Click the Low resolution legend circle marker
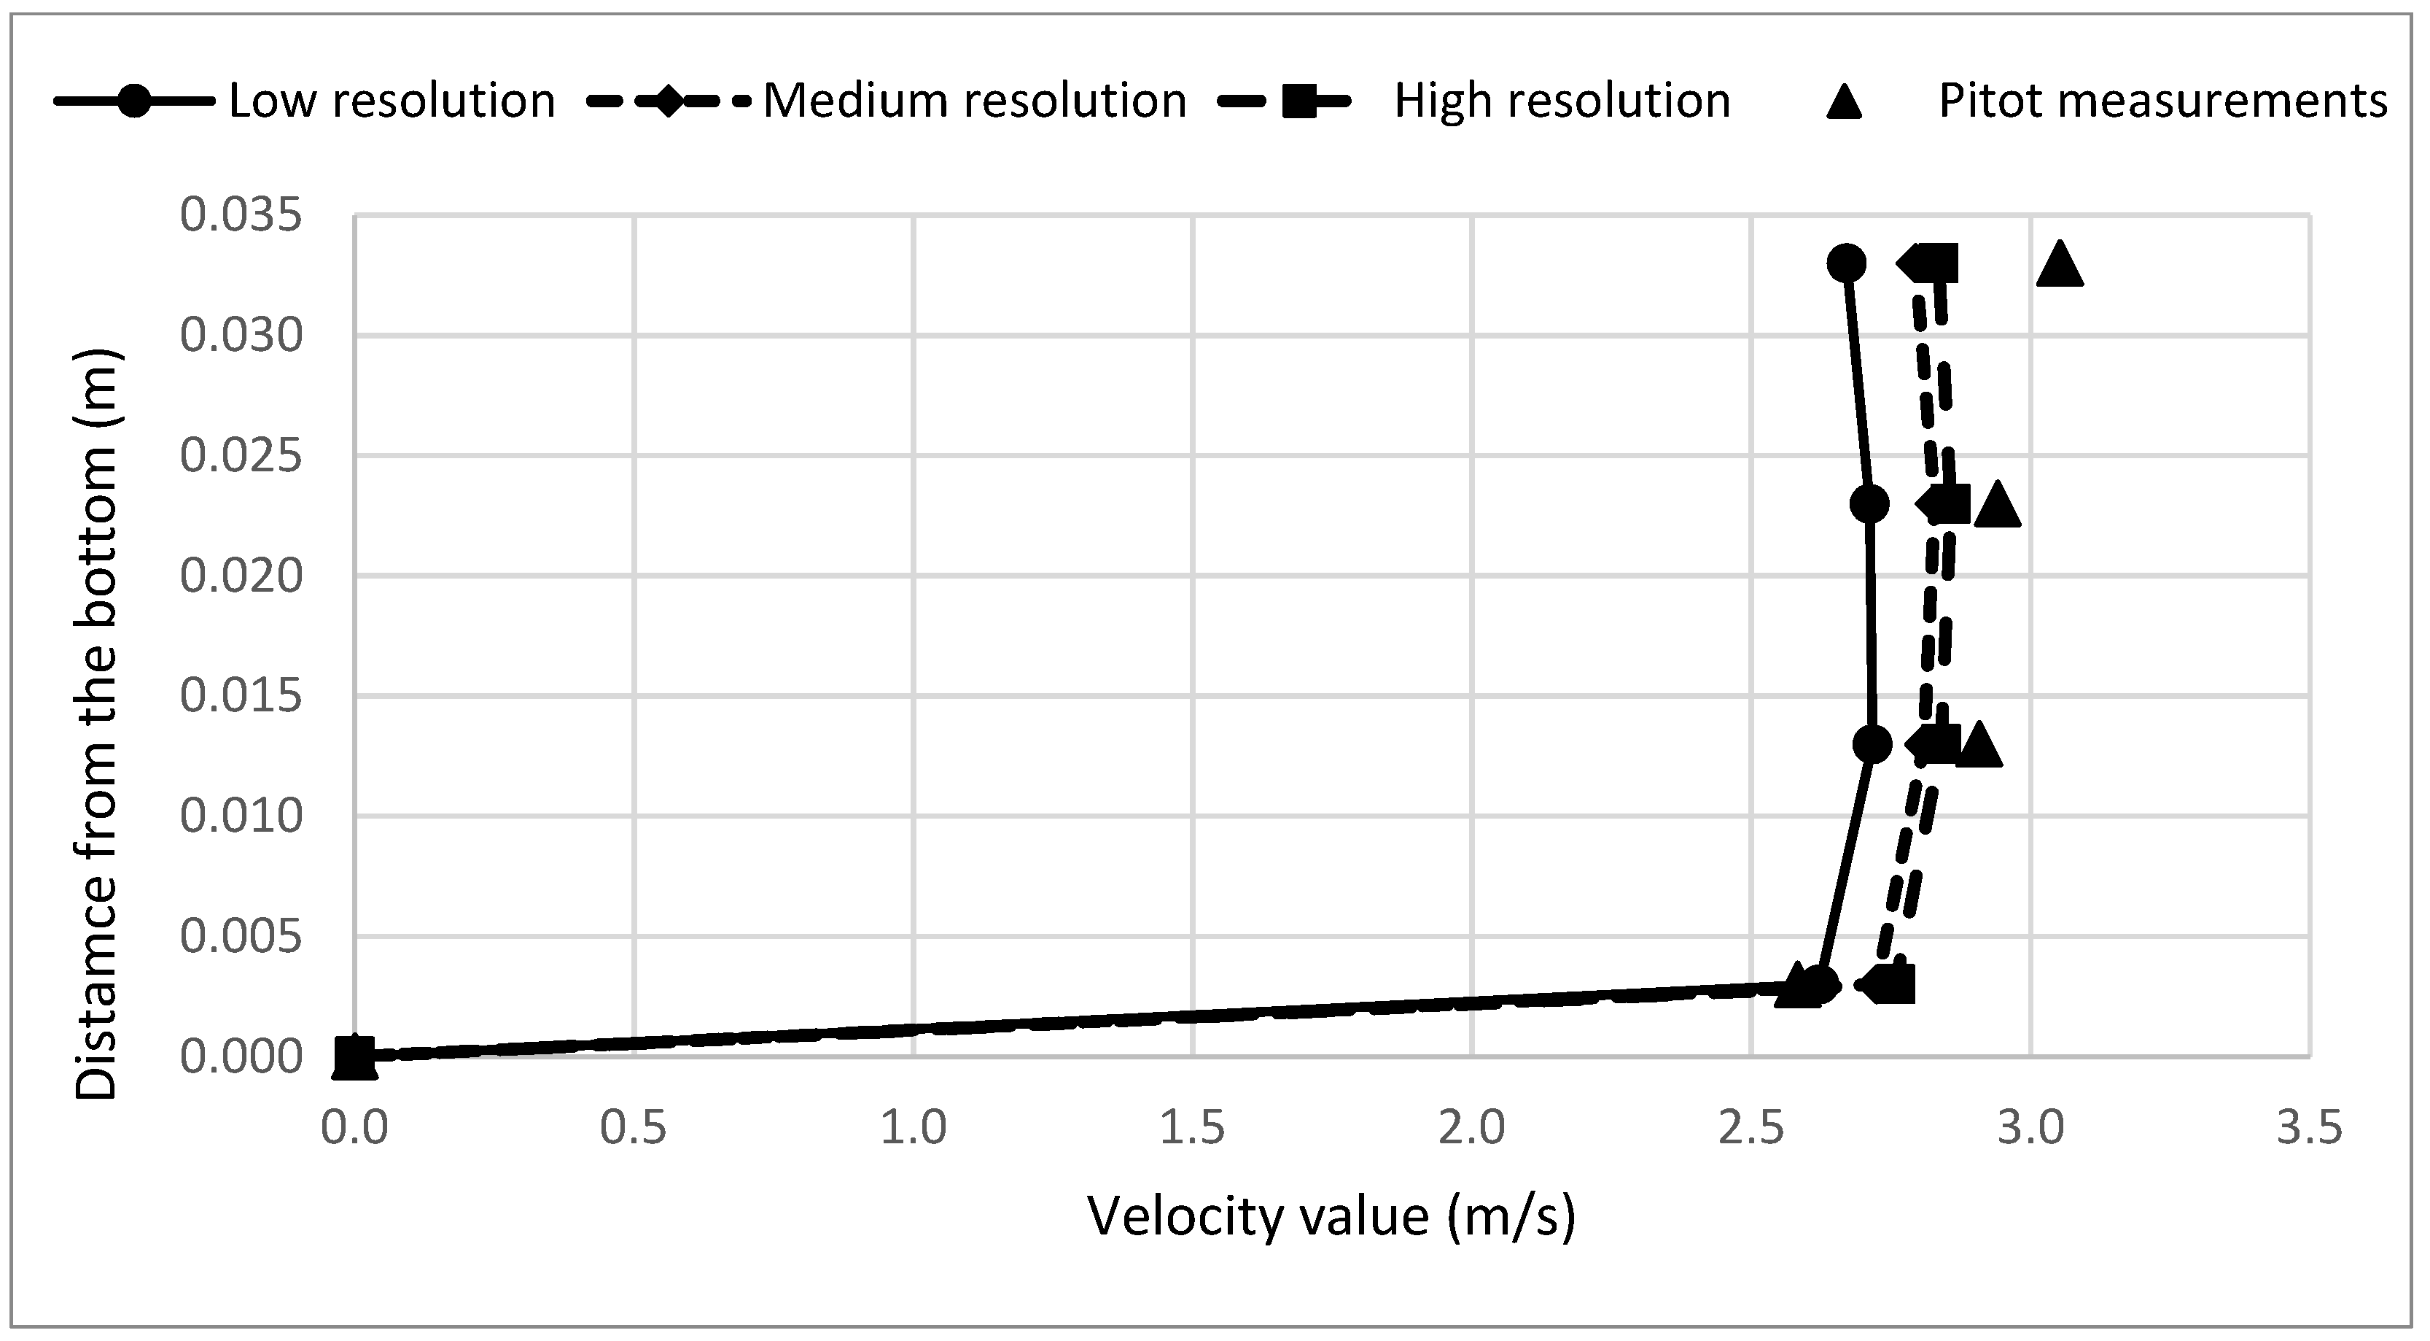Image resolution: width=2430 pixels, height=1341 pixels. pyautogui.click(x=135, y=100)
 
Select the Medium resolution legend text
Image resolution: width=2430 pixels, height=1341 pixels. pyautogui.click(x=973, y=100)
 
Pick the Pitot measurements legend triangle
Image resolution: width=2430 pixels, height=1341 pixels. pyautogui.click(x=1845, y=100)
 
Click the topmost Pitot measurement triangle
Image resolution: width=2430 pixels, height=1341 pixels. pyautogui.click(x=2060, y=265)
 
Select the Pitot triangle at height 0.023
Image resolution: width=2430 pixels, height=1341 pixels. pyautogui.click(x=1996, y=506)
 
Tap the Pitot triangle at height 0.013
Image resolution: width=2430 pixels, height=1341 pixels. pyautogui.click(x=1979, y=746)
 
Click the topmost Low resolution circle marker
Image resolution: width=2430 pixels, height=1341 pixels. pyautogui.click(x=1846, y=263)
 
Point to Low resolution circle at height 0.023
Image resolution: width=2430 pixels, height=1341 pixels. pyautogui.click(x=1869, y=504)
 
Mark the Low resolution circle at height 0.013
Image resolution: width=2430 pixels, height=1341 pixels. pyautogui.click(x=1872, y=745)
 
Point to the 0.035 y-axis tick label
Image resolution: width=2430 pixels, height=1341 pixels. pyautogui.click(x=241, y=215)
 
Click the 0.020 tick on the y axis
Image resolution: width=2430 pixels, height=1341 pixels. pyautogui.click(x=241, y=576)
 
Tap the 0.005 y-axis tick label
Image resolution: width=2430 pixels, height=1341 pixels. pyautogui.click(x=241, y=937)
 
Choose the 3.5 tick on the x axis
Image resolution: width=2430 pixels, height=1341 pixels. pyautogui.click(x=2309, y=1128)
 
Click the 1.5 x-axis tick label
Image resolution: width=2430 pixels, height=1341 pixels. pyautogui.click(x=1192, y=1128)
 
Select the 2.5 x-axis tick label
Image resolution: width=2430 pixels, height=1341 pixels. pyautogui.click(x=1751, y=1128)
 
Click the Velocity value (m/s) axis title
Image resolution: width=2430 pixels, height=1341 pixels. pyautogui.click(x=1331, y=1216)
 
